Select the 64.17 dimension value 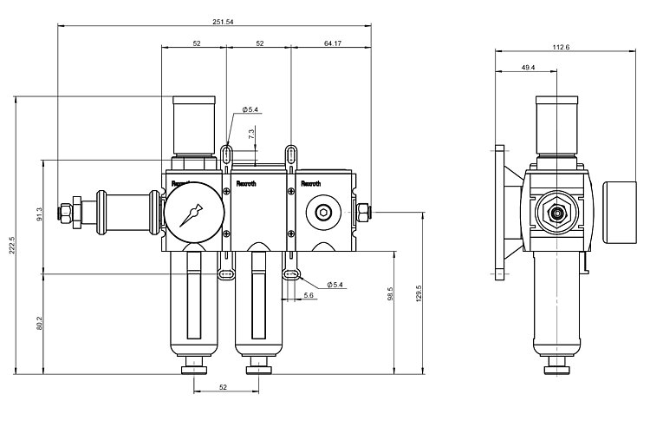click(x=330, y=42)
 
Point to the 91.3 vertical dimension click(x=38, y=214)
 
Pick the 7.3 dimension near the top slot click(x=251, y=135)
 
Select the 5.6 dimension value click(x=309, y=295)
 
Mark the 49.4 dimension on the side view click(x=528, y=67)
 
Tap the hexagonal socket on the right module click(x=322, y=212)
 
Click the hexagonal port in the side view click(x=555, y=211)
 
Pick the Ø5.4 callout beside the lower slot click(x=336, y=284)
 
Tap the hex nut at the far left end click(x=66, y=211)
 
